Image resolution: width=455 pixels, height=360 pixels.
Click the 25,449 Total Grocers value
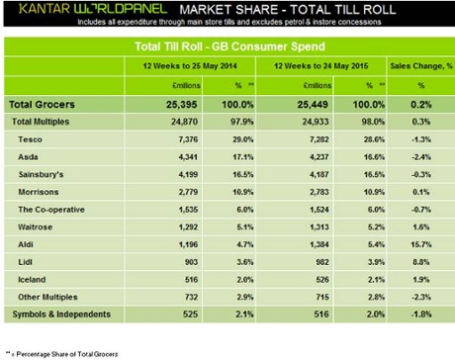point(296,104)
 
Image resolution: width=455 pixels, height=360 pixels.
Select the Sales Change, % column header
point(421,65)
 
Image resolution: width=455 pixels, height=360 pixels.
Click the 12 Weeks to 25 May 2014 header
point(187,65)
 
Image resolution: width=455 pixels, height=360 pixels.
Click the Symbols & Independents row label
point(60,315)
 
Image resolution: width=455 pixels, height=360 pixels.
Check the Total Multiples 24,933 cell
point(297,122)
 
